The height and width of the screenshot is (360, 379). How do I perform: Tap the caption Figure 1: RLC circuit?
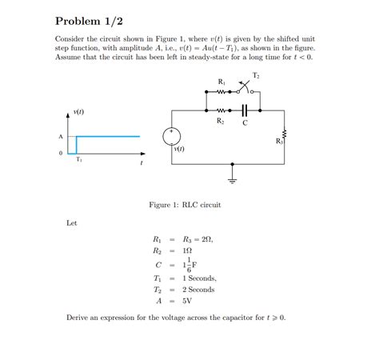point(185,205)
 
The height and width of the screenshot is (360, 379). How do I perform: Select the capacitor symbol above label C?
point(245,110)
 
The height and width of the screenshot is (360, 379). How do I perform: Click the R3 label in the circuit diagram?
point(279,141)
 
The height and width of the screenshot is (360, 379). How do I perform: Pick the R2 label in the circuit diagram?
point(220,121)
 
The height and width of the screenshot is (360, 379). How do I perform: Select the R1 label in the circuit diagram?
point(221,82)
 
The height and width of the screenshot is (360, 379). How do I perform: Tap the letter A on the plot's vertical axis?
point(61,136)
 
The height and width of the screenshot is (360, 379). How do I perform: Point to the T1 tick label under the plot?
point(78,159)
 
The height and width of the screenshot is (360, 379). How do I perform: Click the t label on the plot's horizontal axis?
point(141,163)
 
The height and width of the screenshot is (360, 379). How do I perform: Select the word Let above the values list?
point(71,222)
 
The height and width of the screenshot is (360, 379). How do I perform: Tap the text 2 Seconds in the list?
point(198,289)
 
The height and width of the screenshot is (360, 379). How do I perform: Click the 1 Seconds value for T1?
point(198,278)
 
